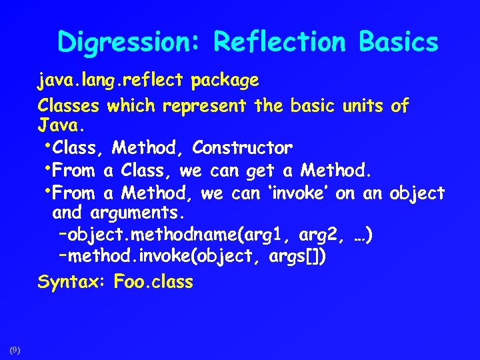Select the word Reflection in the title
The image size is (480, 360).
tap(280, 42)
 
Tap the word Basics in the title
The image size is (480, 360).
tap(398, 42)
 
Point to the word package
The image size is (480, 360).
tap(225, 82)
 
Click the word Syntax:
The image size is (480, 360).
tap(73, 282)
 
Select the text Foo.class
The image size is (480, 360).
tap(153, 282)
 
